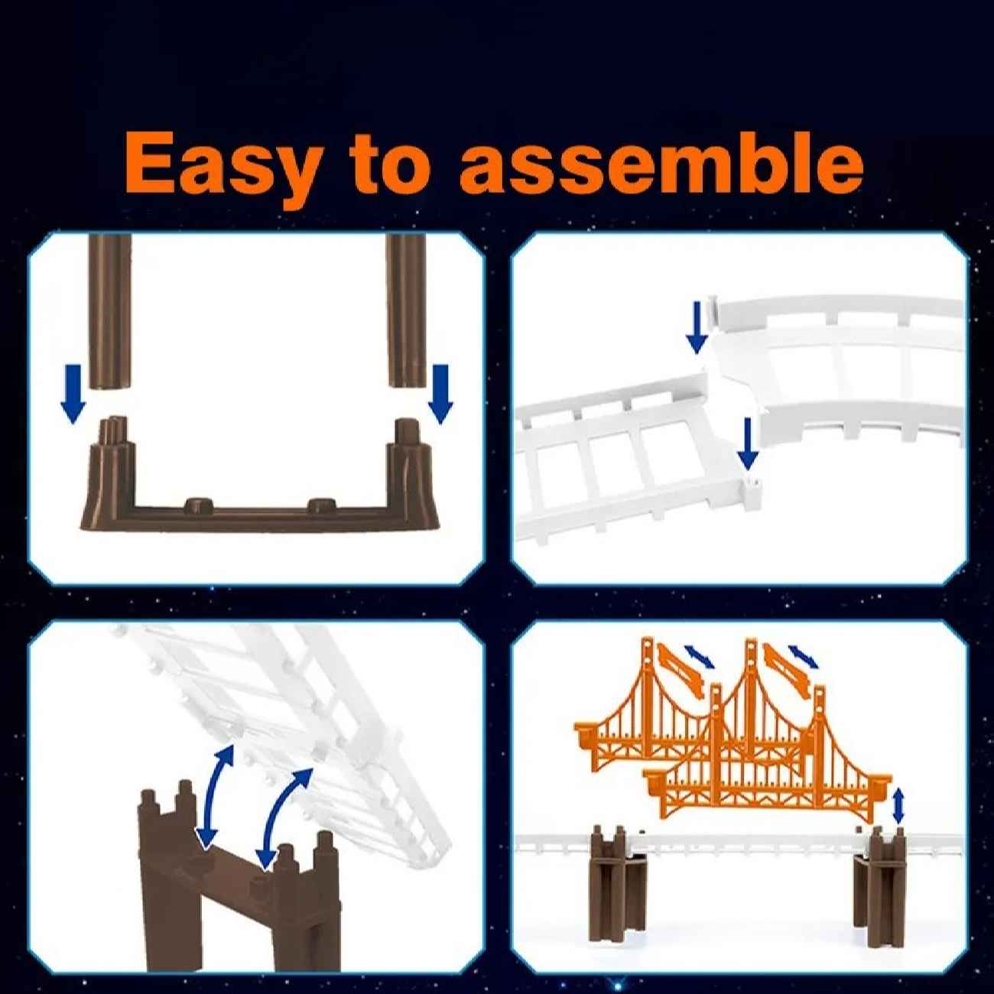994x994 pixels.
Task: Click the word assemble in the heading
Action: point(662,160)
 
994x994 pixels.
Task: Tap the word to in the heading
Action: point(388,162)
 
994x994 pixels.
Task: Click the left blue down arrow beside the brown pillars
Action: point(73,394)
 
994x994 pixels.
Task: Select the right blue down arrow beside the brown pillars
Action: point(440,394)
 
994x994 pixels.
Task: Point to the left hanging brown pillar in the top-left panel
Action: point(109,311)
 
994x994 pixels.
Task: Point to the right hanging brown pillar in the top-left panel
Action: point(405,310)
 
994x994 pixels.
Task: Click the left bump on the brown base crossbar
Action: point(199,503)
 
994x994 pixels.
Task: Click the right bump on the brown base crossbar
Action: point(322,503)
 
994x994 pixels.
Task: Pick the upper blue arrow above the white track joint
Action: point(697,328)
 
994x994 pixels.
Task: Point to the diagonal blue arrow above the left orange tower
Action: point(700,656)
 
